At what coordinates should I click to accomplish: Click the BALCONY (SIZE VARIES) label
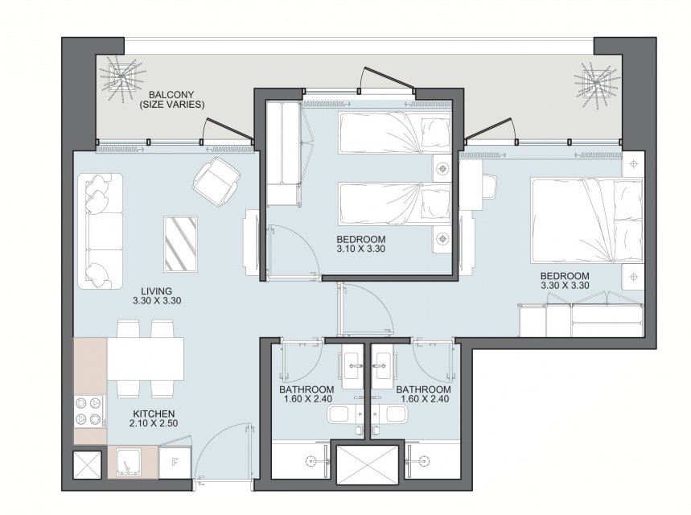171,100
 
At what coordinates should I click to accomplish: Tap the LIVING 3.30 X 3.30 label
156,296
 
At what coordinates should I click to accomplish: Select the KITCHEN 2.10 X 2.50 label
154,418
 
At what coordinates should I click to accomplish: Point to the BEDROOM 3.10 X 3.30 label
361,244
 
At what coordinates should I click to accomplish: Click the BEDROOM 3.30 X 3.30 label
565,280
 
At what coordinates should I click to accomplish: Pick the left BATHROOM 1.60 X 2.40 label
306,394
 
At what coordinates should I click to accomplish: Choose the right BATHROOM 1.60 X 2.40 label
423,394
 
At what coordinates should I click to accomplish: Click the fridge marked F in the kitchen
175,462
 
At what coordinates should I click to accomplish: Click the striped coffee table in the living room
181,244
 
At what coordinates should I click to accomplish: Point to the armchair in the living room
216,181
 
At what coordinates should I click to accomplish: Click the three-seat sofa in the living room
101,232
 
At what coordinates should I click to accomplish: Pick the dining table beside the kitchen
146,358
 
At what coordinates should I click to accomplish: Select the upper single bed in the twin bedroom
395,132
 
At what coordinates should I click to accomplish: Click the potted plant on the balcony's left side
121,77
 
